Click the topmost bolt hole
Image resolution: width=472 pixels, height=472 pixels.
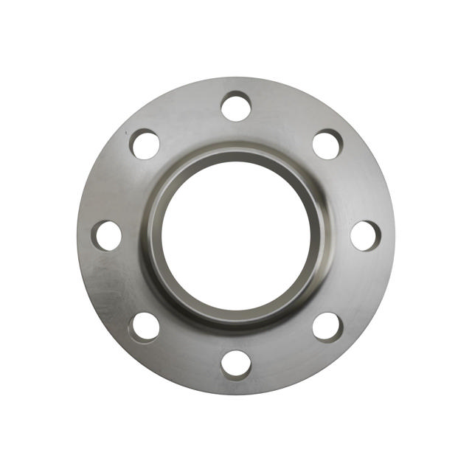pos(236,106)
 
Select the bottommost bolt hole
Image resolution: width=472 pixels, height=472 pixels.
pos(236,364)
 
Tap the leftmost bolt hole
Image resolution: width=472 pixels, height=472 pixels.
pos(107,235)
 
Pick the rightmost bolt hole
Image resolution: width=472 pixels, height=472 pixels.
pos(365,235)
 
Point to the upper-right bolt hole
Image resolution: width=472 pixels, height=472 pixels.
pos(327,144)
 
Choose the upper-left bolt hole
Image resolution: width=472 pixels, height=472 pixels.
pos(145,144)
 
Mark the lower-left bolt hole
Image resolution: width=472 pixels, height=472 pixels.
pos(145,326)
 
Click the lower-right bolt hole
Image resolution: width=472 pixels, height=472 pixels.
pos(327,326)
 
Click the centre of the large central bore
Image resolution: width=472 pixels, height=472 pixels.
pos(236,235)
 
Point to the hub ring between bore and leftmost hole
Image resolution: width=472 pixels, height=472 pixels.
pos(152,235)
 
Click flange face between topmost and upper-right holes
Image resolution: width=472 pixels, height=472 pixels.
pos(285,117)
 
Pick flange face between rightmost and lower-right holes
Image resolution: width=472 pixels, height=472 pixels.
pos(355,285)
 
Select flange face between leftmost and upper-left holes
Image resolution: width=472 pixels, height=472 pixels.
pos(117,187)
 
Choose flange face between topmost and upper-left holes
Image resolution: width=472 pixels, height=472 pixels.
pos(187,117)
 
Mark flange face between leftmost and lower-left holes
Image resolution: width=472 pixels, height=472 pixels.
pos(117,285)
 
